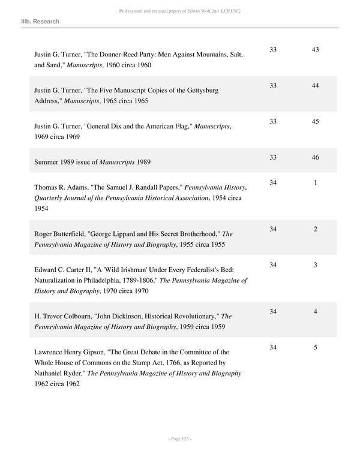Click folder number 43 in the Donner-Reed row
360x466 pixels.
(316, 50)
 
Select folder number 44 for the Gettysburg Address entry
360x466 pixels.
(316, 86)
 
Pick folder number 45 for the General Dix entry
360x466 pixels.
(316, 122)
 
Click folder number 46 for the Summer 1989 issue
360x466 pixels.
(316, 157)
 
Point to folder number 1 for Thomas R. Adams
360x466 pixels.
(316, 182)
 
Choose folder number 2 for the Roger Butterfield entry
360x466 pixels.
(316, 229)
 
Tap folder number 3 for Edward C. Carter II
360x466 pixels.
(316, 265)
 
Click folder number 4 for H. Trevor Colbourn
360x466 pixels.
(316, 312)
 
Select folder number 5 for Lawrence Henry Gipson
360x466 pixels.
(316, 348)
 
